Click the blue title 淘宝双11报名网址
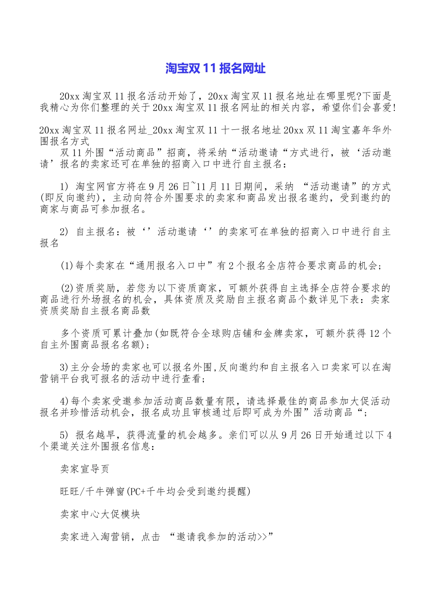215,69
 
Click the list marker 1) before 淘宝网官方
64,187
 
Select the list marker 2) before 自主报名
64,232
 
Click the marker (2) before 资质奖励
67,288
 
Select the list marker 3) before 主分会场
64,368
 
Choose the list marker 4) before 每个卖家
64,401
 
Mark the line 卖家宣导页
85,469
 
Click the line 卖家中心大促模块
100,514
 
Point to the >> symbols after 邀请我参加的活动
262,537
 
